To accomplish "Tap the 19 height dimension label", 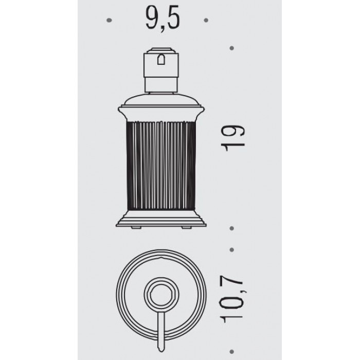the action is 232,138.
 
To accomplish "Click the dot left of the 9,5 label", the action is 109,20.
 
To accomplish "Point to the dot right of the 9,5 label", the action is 206,20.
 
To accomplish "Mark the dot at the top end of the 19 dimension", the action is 231,48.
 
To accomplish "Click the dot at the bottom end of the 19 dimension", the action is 231,228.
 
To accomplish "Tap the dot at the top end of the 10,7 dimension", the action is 231,249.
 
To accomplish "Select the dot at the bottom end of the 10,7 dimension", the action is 231,351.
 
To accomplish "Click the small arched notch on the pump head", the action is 161,59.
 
